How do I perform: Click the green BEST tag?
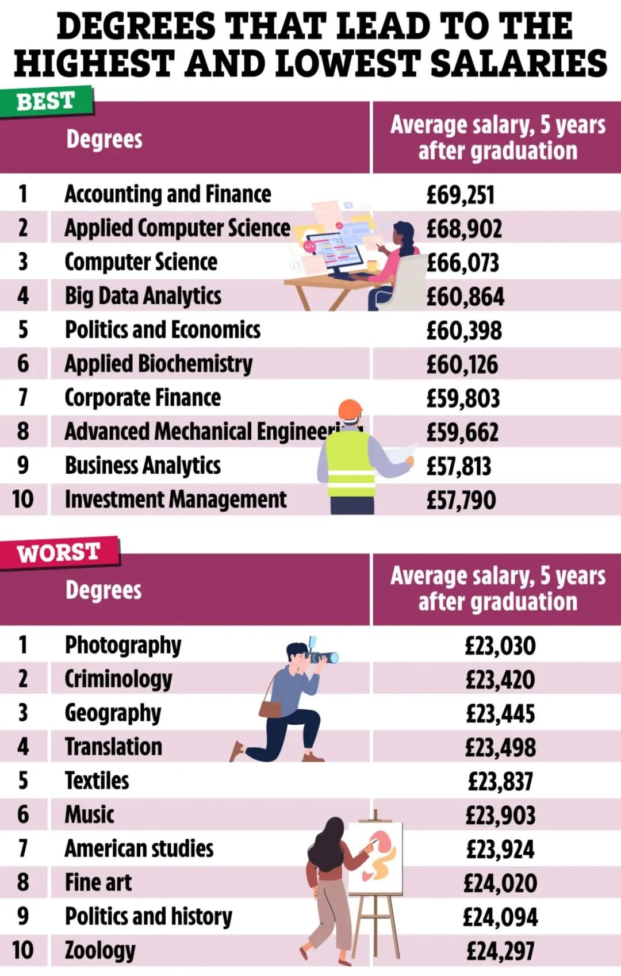tap(46, 101)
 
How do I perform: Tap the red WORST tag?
tap(59, 552)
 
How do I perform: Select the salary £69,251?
tap(460, 195)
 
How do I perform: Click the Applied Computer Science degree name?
tap(177, 228)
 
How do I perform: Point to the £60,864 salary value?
tap(465, 297)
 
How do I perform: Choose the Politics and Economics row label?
tap(162, 330)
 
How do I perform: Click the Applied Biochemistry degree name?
tap(158, 364)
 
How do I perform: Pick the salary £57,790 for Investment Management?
tap(461, 500)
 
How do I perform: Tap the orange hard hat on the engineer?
tap(350, 409)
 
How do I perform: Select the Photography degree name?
tap(122, 645)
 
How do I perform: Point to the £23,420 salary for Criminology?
tap(500, 680)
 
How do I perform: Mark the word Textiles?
tap(97, 781)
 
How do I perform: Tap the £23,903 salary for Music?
tap(500, 815)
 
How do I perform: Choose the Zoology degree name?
tap(100, 951)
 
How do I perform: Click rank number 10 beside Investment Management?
tap(23, 499)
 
